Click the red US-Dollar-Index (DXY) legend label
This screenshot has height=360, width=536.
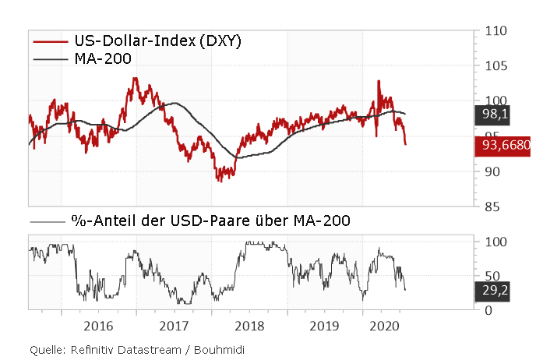coord(157,41)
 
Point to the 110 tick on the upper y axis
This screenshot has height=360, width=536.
coord(495,31)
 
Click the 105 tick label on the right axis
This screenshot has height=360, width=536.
coord(495,66)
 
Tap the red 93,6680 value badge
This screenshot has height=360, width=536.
coord(503,146)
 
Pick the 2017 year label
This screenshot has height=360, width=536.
coord(173,324)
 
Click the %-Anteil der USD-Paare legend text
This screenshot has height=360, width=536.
coord(211,221)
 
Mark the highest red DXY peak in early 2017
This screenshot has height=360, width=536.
coord(136,78)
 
